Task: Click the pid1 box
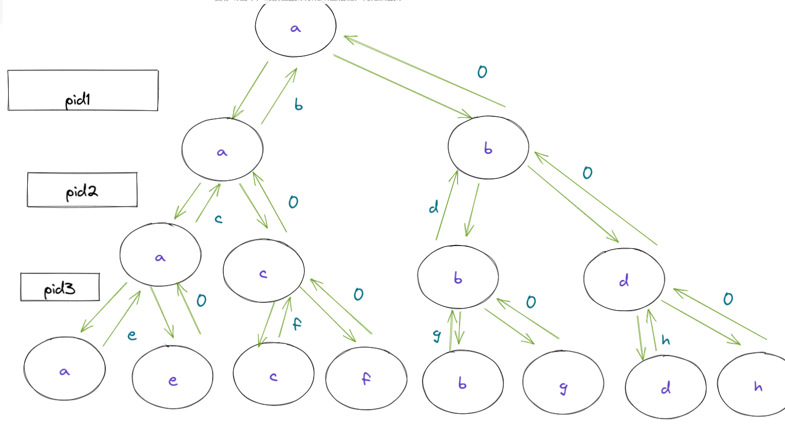83,91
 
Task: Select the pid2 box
82,190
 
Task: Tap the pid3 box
60,287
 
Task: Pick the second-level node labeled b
488,148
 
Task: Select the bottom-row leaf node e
173,377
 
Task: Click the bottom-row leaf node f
366,378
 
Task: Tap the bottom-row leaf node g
563,382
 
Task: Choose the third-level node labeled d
624,280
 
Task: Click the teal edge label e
132,335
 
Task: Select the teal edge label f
297,324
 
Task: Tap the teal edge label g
437,336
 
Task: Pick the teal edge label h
666,340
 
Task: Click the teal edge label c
219,219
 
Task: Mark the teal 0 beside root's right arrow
482,72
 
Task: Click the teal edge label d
434,207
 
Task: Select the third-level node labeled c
263,271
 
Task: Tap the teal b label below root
298,105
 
